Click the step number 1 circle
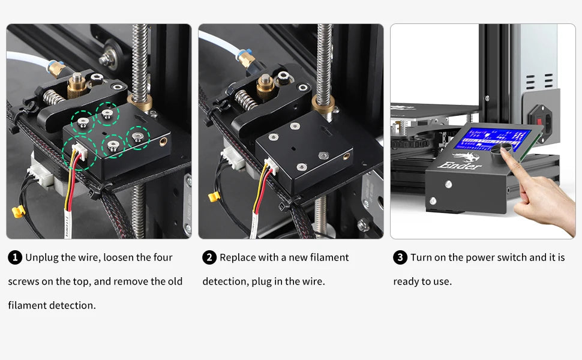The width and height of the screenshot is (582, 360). pyautogui.click(x=15, y=257)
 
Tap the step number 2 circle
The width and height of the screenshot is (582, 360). pyautogui.click(x=209, y=257)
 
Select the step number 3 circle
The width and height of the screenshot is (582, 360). pyautogui.click(x=400, y=257)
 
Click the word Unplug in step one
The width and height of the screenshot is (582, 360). pyautogui.click(x=42, y=257)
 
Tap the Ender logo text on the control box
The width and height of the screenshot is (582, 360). pyautogui.click(x=460, y=165)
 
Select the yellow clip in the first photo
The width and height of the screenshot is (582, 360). pyautogui.click(x=18, y=211)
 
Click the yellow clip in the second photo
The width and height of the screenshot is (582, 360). pyautogui.click(x=214, y=196)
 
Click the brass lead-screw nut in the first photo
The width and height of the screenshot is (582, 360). pyautogui.click(x=140, y=103)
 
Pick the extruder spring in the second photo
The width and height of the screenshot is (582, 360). pyautogui.click(x=245, y=99)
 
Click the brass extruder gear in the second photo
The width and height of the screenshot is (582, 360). pyautogui.click(x=265, y=88)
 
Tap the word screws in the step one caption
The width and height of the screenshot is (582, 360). pyautogui.click(x=23, y=281)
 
